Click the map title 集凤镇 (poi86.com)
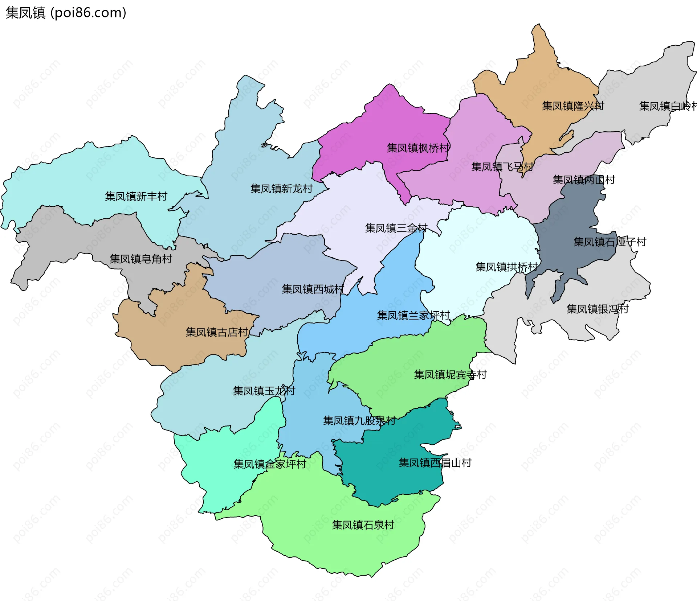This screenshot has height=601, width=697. (66, 13)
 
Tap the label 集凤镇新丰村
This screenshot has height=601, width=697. (136, 196)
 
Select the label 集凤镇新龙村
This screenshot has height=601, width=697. (281, 189)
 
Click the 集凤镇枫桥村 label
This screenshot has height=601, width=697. (418, 148)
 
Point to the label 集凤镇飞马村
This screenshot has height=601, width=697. (502, 167)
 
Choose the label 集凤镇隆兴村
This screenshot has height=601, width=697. (573, 106)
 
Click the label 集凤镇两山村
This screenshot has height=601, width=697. (584, 180)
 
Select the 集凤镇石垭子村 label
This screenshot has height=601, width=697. (610, 242)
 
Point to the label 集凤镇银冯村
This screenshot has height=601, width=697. (598, 309)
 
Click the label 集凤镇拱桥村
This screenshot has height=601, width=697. (506, 267)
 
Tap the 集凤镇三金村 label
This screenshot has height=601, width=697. (396, 228)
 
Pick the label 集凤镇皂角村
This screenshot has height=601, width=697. (141, 259)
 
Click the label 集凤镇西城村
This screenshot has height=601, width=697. (313, 289)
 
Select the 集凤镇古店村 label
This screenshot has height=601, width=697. (217, 332)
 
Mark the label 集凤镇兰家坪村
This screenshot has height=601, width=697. (413, 315)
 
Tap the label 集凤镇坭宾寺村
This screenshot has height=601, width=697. (450, 375)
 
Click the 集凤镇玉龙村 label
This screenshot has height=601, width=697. (264, 391)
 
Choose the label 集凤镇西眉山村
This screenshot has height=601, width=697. (435, 463)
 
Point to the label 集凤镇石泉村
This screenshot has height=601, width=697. (363, 525)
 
